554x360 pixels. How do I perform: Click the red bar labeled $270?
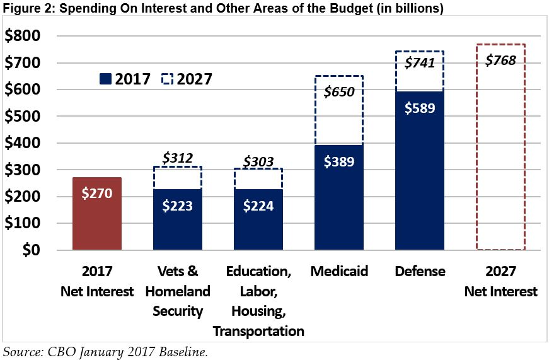[96, 213]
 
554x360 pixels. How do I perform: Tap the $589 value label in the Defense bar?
[419, 107]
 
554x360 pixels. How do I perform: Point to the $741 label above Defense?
[419, 63]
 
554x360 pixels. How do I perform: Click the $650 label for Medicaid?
[339, 92]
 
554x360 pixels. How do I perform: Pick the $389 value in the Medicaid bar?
[339, 161]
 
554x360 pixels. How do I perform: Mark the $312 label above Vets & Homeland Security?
[177, 158]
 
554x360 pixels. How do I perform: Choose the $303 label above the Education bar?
[258, 161]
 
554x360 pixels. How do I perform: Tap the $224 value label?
[258, 206]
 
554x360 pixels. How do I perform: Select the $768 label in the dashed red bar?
[500, 61]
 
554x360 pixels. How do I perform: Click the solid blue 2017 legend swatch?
[105, 79]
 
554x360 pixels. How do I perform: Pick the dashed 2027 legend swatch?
[168, 79]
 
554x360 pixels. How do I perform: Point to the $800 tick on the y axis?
[23, 37]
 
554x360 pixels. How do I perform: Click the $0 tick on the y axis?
[31, 250]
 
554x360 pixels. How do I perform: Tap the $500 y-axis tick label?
[23, 117]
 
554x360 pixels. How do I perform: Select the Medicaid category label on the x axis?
[339, 272]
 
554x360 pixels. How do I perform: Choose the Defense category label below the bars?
[420, 272]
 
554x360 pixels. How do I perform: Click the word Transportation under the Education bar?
[258, 331]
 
